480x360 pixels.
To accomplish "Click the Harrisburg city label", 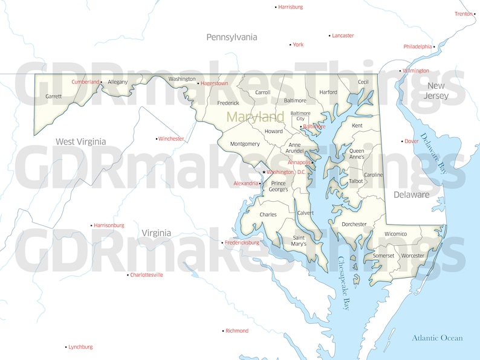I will [290, 7].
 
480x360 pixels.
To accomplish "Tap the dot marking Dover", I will [403, 141].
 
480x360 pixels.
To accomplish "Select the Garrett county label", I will [54, 96].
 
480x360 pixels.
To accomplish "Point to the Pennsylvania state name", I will [232, 37].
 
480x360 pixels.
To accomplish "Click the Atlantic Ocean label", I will [437, 338].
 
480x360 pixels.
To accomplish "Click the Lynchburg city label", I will [80, 347].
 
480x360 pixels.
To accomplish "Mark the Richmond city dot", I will [223, 331].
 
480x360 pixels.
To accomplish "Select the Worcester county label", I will [414, 256].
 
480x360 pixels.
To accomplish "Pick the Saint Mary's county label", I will [299, 240].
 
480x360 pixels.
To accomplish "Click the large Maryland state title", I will [255, 117].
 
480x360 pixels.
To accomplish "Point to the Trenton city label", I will [464, 14].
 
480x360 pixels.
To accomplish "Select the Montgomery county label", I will [245, 144].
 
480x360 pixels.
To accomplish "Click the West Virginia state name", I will [80, 142].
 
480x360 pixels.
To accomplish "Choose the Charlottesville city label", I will [146, 275].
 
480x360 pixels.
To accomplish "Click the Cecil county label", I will [363, 82].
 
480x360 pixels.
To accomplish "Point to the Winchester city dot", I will [157, 139].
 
